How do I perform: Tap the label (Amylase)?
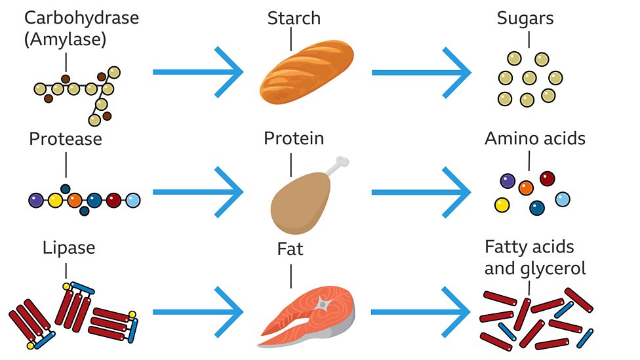(66, 40)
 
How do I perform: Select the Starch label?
(294, 18)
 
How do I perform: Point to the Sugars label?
(525, 18)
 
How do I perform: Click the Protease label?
(66, 139)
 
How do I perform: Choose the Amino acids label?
(535, 138)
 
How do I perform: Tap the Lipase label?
(69, 248)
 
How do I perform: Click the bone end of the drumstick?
(341, 164)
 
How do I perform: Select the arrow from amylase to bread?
(197, 72)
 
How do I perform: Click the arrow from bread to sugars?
(420, 72)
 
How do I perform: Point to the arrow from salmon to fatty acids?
(420, 312)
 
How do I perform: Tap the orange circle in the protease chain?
(74, 200)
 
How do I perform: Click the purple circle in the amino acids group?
(507, 180)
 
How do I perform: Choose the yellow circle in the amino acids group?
(502, 205)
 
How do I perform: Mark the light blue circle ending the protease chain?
(132, 200)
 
